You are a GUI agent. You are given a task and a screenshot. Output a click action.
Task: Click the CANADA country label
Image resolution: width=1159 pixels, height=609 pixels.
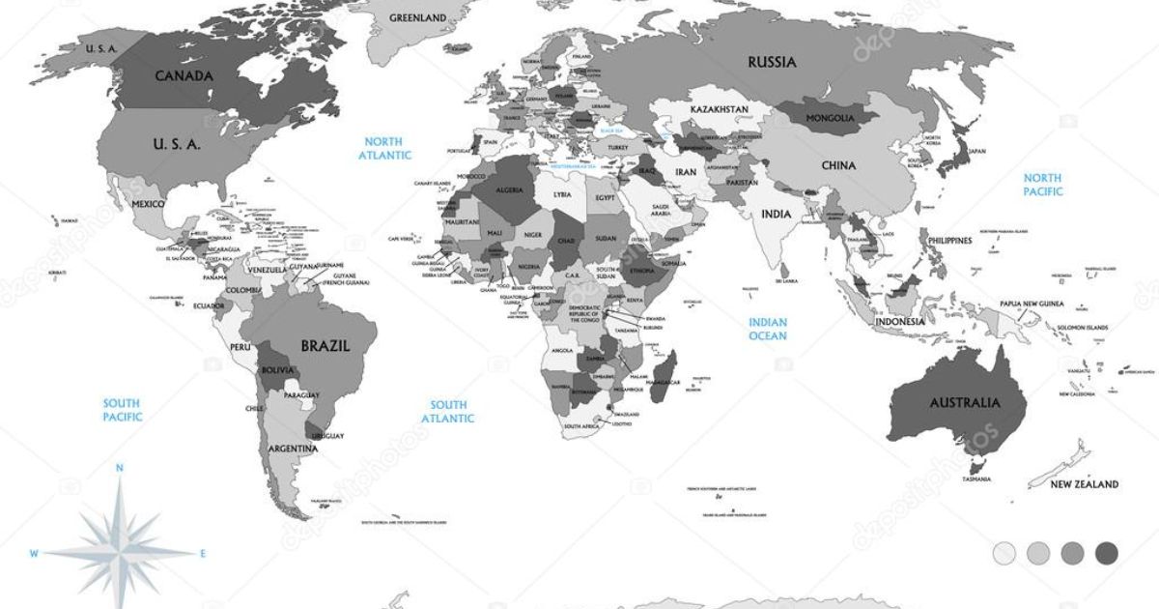[x=184, y=75]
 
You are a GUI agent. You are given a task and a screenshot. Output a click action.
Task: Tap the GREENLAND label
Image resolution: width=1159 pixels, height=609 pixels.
[x=417, y=17]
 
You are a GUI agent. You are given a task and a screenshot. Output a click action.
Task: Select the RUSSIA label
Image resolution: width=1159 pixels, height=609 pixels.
[x=773, y=62]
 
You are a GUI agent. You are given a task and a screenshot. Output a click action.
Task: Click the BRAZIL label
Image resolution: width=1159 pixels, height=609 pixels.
[x=325, y=345]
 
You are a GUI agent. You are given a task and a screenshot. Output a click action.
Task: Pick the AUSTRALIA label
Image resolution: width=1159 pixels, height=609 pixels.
[x=964, y=402]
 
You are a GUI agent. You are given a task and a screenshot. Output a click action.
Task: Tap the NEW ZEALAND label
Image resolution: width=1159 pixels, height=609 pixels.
[x=1085, y=484]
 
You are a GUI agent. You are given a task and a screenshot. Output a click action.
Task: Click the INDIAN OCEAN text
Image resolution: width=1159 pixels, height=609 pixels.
[x=768, y=329]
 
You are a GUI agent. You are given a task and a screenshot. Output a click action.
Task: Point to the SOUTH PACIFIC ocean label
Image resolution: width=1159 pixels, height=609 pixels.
[x=123, y=410]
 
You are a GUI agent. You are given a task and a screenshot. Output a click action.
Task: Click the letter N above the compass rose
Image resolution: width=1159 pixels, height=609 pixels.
[x=120, y=468]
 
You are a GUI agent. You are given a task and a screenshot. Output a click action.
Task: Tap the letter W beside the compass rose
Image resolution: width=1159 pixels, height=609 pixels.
[x=33, y=554]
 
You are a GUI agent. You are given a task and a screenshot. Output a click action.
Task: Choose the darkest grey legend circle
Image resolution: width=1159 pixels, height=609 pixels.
[x=1107, y=553]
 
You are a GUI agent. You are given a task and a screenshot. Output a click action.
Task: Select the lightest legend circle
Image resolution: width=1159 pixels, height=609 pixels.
[x=1004, y=553]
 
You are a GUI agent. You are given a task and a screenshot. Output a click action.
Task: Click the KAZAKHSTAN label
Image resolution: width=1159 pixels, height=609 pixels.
[x=720, y=110]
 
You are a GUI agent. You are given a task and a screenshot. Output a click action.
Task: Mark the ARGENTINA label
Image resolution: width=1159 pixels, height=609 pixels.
[x=295, y=449]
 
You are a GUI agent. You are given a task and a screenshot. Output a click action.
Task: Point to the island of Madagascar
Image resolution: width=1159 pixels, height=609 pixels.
[x=665, y=371]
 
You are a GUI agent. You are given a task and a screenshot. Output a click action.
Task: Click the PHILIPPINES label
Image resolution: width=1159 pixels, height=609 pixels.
[x=950, y=240]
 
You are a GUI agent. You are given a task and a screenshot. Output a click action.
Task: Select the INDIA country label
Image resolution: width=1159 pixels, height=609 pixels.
[x=776, y=214]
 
